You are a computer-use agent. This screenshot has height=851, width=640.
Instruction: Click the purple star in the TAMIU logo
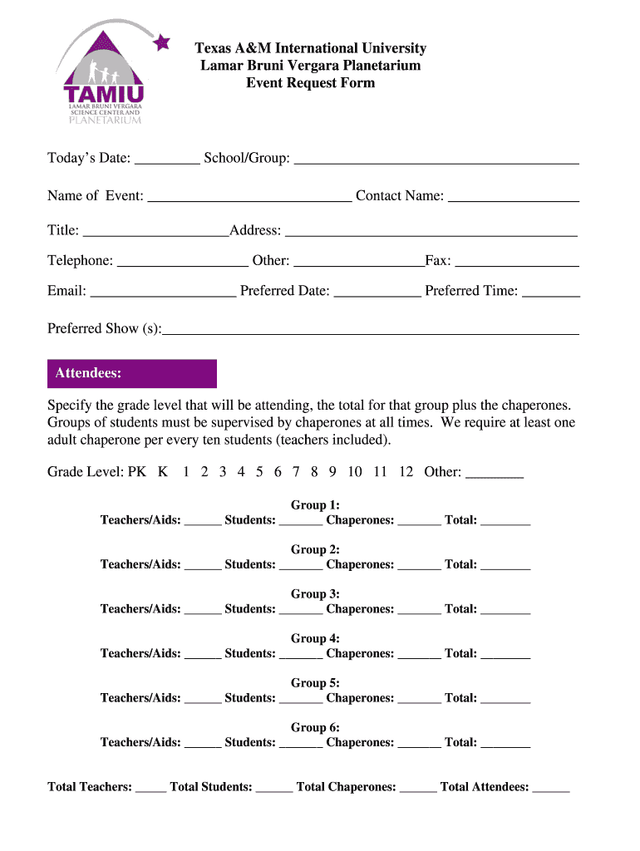point(162,42)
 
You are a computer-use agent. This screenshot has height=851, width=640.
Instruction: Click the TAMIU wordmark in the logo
point(103,92)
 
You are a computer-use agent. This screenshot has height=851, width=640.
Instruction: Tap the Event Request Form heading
point(310,83)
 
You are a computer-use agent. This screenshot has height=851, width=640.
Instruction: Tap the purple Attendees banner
point(131,373)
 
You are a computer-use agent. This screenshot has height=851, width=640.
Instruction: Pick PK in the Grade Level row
point(137,472)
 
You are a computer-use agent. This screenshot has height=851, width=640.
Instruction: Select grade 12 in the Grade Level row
point(406,472)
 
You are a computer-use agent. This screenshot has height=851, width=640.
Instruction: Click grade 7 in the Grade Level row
point(296,472)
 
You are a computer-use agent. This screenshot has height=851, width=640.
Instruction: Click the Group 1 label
point(315,505)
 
